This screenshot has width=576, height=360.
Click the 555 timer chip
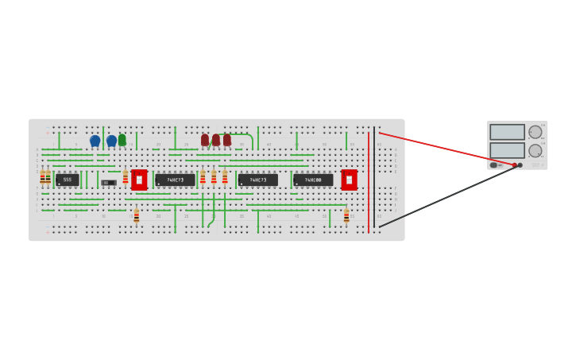68,180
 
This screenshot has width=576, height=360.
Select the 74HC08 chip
313,180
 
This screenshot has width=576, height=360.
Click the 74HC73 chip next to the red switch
175,180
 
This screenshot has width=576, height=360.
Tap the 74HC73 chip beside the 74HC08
257,180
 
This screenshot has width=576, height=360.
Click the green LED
122,140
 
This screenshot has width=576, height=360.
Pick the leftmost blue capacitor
95,141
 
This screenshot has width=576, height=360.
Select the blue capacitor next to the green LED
111,141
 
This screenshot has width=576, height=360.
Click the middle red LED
216,140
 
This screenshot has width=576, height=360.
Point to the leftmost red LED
205,140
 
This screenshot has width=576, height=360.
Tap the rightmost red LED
227,140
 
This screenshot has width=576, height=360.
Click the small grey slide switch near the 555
109,183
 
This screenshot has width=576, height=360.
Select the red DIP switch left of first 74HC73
139,180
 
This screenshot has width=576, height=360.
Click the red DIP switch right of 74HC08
349,180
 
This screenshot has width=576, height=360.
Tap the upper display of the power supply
507,132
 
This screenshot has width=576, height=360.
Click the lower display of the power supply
507,150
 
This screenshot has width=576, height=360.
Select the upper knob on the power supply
535,132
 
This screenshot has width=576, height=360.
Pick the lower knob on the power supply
535,150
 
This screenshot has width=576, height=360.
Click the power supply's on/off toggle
493,165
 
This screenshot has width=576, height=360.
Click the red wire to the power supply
445,149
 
